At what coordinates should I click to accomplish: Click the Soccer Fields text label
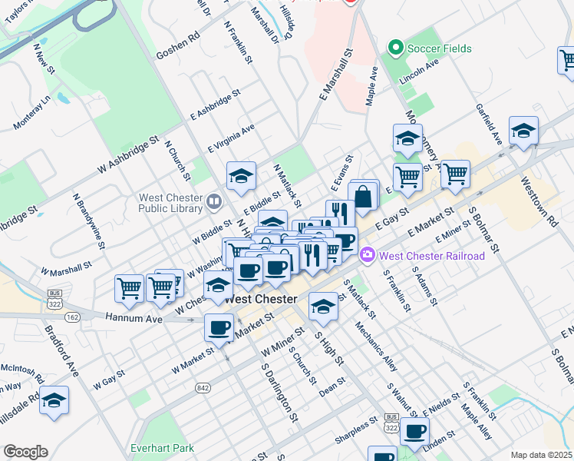[440, 48]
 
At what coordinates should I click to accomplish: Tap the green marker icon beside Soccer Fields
[397, 48]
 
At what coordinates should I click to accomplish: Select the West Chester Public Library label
[170, 202]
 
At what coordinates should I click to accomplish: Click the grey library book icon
[214, 202]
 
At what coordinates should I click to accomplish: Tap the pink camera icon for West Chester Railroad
[368, 254]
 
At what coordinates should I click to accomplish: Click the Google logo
[25, 452]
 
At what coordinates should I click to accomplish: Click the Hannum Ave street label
[140, 317]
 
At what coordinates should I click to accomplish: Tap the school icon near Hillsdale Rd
[54, 401]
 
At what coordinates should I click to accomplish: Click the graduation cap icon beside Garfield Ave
[523, 131]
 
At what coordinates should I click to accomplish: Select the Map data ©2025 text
[541, 455]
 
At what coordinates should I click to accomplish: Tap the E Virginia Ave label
[231, 139]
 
